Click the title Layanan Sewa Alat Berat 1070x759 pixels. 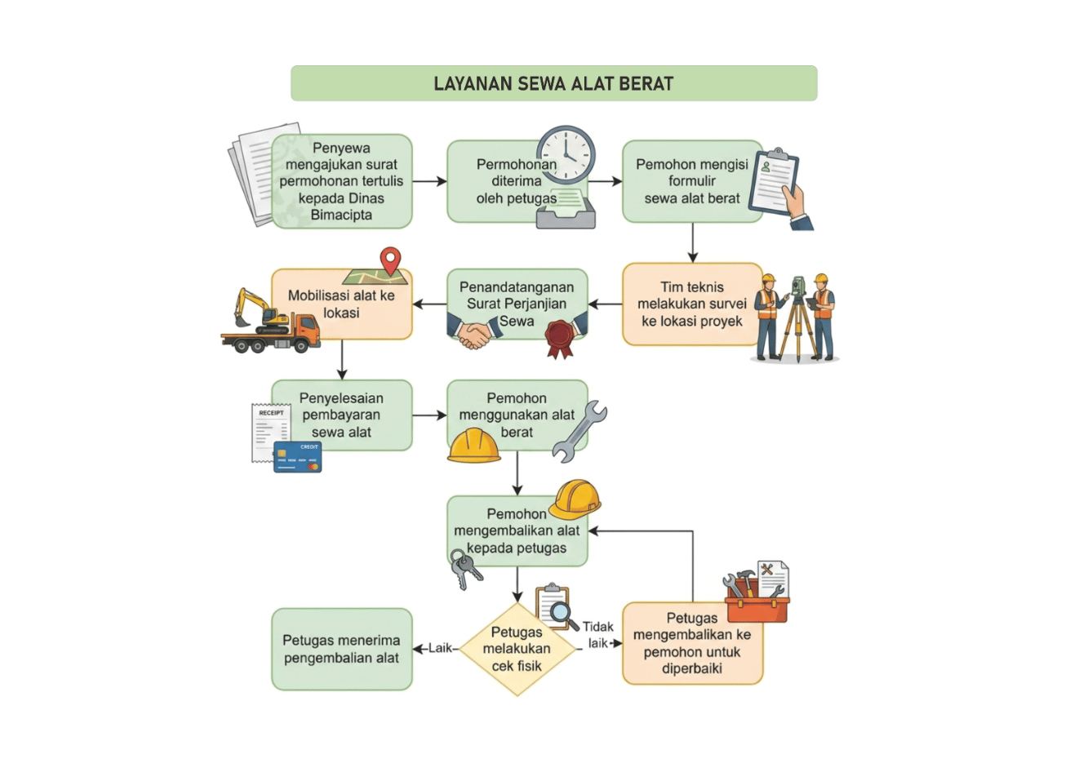[x=553, y=83]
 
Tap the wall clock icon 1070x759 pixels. [x=566, y=155]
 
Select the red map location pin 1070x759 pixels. [x=390, y=261]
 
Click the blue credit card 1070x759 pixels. [x=298, y=457]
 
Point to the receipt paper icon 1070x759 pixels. [x=270, y=433]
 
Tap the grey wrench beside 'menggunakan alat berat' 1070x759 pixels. [x=579, y=432]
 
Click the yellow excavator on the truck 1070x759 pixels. [x=260, y=310]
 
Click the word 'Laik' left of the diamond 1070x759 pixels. [x=440, y=648]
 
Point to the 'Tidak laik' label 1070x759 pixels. [x=597, y=635]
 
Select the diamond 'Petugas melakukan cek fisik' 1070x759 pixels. [x=517, y=649]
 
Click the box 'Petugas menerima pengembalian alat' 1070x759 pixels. [x=341, y=649]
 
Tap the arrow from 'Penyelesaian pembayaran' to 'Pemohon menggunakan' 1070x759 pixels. [x=429, y=415]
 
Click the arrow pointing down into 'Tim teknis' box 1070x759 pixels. [x=693, y=242]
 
